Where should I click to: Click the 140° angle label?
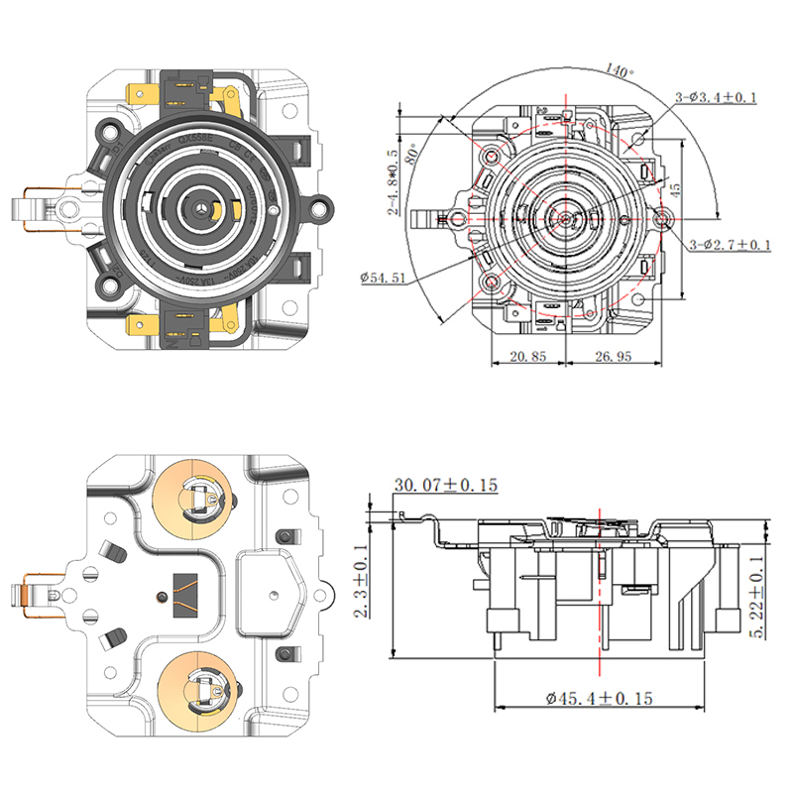coord(622,69)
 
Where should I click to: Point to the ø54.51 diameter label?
coord(382,278)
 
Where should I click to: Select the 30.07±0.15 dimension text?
coord(445,485)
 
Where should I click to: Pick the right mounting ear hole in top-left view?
coord(321,209)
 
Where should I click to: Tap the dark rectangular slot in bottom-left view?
coord(185,592)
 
